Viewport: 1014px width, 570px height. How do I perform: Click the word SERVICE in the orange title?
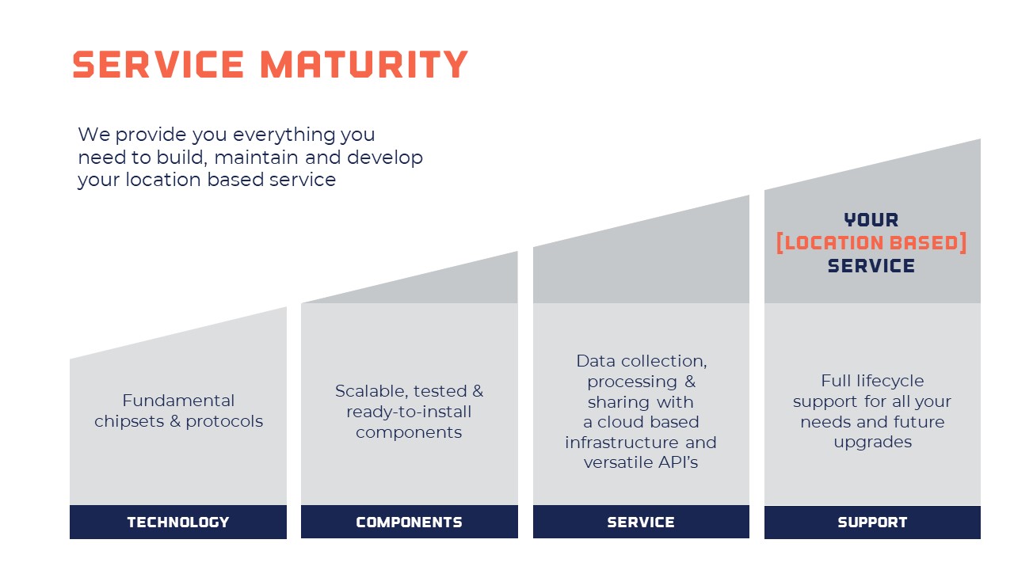pyautogui.click(x=158, y=64)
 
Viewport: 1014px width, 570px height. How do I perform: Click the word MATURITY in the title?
pyautogui.click(x=364, y=64)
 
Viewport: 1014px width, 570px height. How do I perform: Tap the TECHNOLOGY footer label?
pyautogui.click(x=178, y=522)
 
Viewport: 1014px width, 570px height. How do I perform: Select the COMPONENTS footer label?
pyautogui.click(x=410, y=522)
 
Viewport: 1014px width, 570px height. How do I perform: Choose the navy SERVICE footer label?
pyautogui.click(x=641, y=522)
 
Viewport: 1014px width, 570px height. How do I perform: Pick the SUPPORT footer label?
pyautogui.click(x=872, y=522)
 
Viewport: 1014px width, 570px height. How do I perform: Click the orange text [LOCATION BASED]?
pyautogui.click(x=871, y=243)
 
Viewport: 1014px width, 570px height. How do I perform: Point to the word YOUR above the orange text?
pyautogui.click(x=871, y=220)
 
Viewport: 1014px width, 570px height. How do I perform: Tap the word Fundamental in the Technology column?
pyautogui.click(x=178, y=401)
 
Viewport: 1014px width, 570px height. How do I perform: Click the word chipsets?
pyautogui.click(x=129, y=422)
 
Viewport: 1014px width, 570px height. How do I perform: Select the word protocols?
pyautogui.click(x=224, y=422)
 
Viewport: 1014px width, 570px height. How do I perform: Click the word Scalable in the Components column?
pyautogui.click(x=372, y=391)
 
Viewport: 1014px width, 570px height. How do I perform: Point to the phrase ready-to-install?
pyautogui.click(x=409, y=412)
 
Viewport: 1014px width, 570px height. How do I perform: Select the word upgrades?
pyautogui.click(x=873, y=443)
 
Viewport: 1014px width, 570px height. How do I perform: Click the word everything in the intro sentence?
pyautogui.click(x=284, y=135)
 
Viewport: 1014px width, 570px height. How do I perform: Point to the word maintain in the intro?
pyautogui.click(x=256, y=158)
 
